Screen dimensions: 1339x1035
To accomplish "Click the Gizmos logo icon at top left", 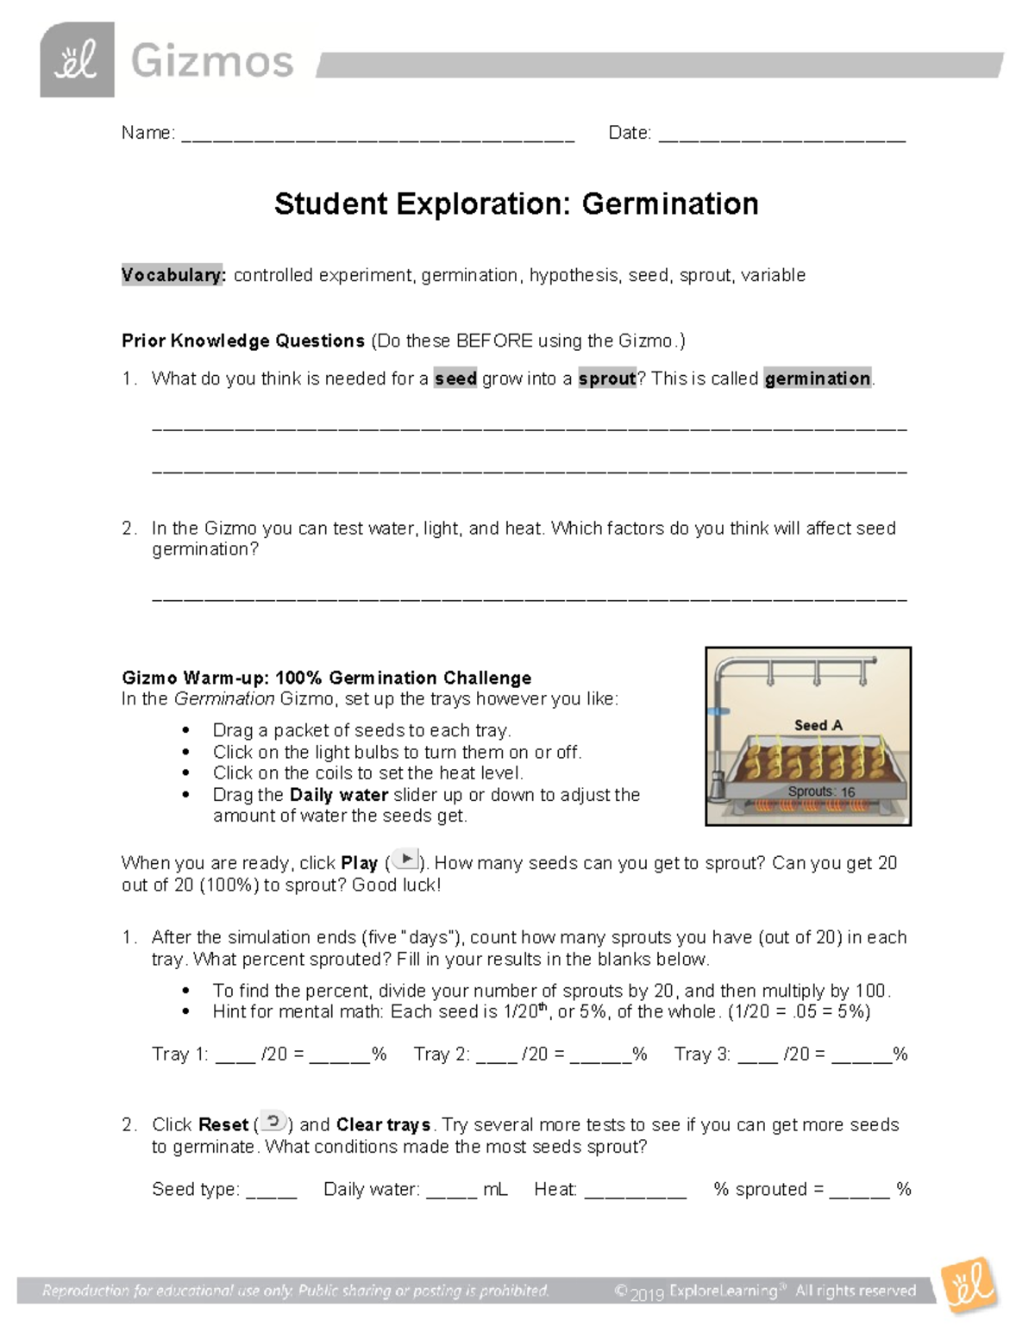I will (x=77, y=59).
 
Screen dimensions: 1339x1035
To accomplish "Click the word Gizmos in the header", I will (x=212, y=62).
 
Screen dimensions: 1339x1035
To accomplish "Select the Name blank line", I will (x=378, y=136).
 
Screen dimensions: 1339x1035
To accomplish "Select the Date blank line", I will (x=781, y=136).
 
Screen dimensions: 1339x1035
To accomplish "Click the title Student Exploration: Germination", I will (x=516, y=204).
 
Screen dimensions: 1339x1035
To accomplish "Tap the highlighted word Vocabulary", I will (x=173, y=275).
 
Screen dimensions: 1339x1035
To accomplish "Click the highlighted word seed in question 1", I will (x=455, y=379).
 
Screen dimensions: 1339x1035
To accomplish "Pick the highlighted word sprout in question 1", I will (x=606, y=379).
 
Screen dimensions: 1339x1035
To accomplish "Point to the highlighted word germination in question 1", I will (x=817, y=379).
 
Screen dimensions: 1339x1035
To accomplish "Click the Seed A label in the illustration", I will (x=818, y=725).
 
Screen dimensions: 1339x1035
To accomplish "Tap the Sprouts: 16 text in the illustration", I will (x=820, y=792).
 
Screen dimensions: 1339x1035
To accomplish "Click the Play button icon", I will (x=405, y=860).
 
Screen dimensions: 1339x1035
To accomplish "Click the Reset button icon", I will (x=273, y=1122).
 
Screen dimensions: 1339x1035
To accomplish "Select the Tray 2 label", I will (x=442, y=1054).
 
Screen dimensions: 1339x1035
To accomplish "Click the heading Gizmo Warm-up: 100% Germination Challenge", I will (x=326, y=678).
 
